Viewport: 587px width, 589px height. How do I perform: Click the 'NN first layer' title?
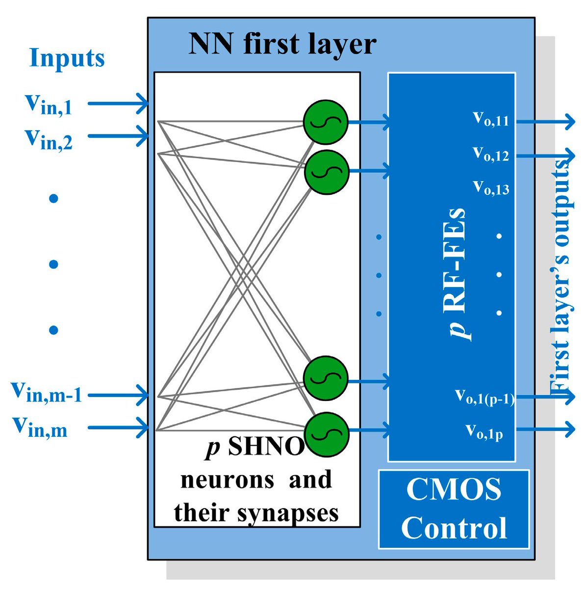[282, 44]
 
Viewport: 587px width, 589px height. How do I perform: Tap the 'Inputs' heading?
[67, 58]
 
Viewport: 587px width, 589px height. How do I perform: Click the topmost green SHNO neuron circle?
[325, 122]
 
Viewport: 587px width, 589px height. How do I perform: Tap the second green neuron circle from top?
[326, 171]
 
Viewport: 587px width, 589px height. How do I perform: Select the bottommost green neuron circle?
[326, 432]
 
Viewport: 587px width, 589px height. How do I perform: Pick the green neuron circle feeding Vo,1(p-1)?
[325, 379]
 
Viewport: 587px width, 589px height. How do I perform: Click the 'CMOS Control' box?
[454, 509]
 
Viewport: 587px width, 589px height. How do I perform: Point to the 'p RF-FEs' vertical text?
[459, 275]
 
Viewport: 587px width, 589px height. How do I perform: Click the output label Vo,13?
[491, 187]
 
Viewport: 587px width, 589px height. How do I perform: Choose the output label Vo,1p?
[484, 432]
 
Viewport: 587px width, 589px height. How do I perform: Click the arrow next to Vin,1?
[118, 104]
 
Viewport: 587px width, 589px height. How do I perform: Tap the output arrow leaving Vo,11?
[544, 121]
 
